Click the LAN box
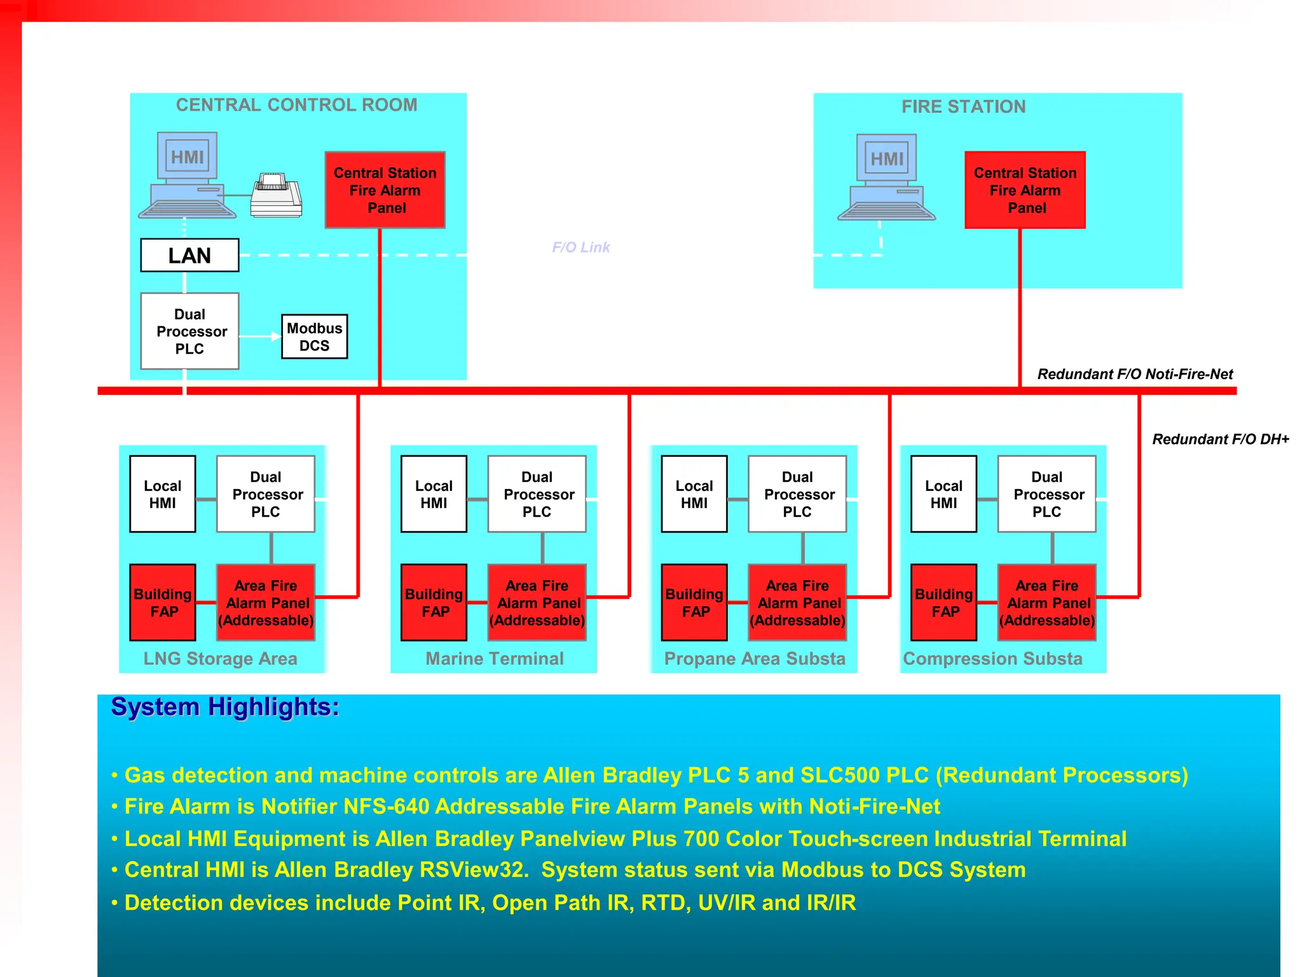[189, 255]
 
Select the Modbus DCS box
[314, 336]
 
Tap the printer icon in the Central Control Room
[276, 195]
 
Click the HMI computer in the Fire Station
[886, 177]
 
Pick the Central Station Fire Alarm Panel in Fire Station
[1025, 190]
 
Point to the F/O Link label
[580, 247]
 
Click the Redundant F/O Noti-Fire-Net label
[1135, 374]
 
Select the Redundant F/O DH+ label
[1220, 439]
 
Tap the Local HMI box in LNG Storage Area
[163, 494]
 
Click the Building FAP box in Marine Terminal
[434, 602]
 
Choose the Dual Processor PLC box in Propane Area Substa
[797, 494]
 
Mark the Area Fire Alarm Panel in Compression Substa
[1046, 602]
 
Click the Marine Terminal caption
[495, 658]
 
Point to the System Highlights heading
[225, 707]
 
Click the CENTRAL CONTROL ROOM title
[297, 105]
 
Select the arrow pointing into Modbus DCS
[274, 336]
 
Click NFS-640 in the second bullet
[386, 807]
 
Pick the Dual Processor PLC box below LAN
[189, 331]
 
